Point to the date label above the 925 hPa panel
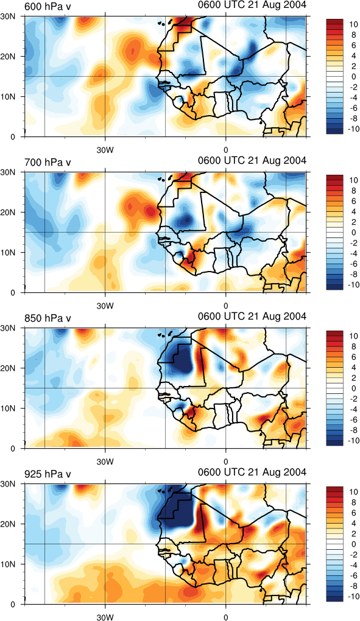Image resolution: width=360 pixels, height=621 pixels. [x=252, y=472]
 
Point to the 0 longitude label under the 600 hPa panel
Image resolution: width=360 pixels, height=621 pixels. [x=226, y=150]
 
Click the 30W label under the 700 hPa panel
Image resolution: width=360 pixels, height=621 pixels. [x=105, y=306]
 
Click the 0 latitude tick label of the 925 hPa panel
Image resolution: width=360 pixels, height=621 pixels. [x=16, y=605]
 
